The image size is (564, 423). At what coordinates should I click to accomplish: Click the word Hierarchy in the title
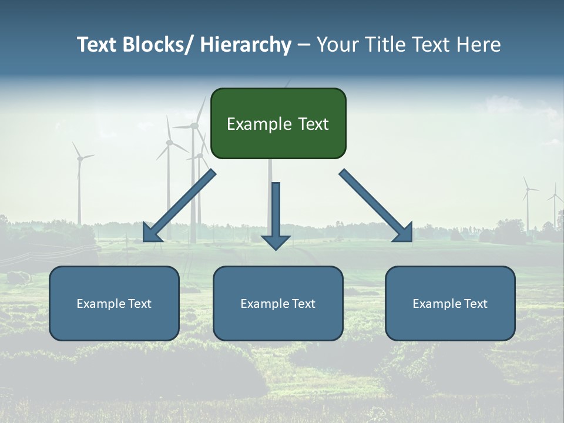(x=246, y=45)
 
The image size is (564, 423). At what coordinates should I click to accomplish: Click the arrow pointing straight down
(x=276, y=214)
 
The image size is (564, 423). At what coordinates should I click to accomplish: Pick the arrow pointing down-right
(x=376, y=206)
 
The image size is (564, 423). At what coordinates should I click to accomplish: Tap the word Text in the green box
(x=312, y=124)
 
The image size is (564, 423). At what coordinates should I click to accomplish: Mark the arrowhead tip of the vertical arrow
(x=276, y=249)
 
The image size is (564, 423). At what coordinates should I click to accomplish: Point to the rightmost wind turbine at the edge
(x=555, y=206)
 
